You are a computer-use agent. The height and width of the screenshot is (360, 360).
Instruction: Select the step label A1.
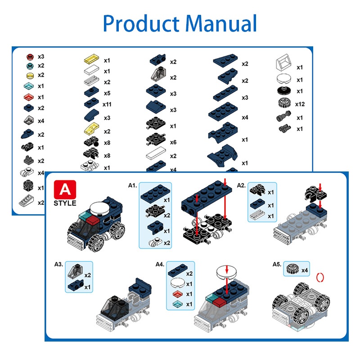132,185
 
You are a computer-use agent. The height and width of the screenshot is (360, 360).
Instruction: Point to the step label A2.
241,185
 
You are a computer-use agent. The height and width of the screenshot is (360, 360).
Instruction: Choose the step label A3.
59,264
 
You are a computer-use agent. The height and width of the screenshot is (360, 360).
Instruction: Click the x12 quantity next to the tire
300,104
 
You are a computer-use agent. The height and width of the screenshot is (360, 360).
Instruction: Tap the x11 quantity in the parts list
107,104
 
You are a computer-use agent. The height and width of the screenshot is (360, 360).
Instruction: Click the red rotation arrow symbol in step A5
321,277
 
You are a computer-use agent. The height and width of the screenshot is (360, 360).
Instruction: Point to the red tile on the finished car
92,220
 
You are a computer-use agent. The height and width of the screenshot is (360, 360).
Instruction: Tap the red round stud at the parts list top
30,57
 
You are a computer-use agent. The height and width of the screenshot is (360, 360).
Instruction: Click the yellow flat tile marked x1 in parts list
91,59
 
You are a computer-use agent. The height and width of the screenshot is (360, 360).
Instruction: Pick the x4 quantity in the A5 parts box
305,270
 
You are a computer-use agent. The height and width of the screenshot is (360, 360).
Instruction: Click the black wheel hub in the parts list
283,91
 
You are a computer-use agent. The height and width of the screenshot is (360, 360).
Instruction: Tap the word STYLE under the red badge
64,203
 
